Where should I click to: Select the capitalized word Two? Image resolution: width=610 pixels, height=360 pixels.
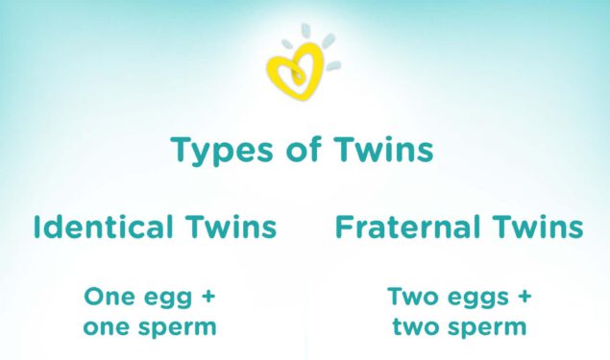[411, 296]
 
